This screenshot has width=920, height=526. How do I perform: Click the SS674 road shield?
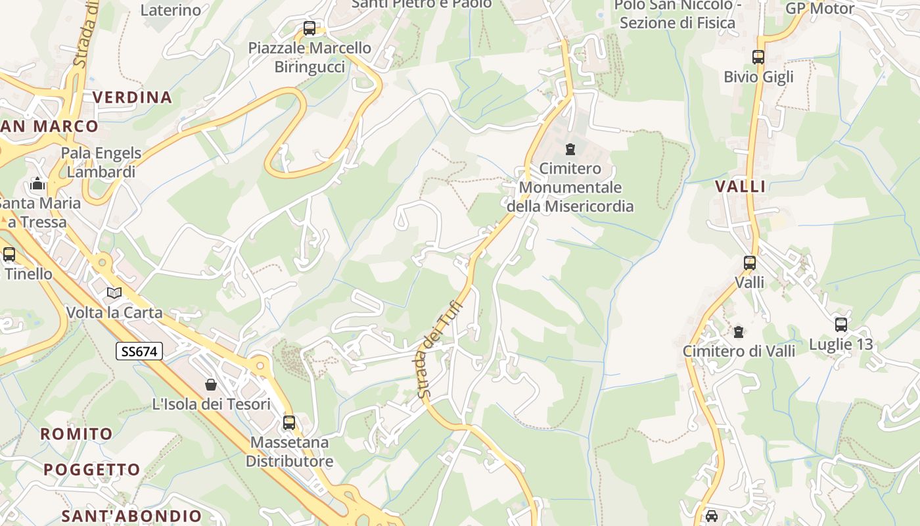[x=139, y=351]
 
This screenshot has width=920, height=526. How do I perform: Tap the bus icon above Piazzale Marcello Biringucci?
[x=309, y=28]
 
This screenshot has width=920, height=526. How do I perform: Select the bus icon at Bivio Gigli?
[x=758, y=57]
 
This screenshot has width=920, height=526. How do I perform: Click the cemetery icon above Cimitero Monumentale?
[x=570, y=149]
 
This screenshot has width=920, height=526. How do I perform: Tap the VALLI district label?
[x=741, y=187]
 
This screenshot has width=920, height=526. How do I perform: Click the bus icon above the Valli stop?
[x=749, y=263]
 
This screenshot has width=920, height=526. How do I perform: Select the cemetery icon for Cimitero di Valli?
[x=739, y=331]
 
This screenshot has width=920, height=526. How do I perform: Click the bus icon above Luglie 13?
[x=840, y=324]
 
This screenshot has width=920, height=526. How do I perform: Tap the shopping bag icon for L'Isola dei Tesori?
[x=211, y=385]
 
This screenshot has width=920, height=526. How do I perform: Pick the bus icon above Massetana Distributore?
[x=289, y=423]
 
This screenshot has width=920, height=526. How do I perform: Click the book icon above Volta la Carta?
[x=114, y=293]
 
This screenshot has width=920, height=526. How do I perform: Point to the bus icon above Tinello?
[x=9, y=254]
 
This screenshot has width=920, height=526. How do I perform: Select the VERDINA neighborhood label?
[x=132, y=97]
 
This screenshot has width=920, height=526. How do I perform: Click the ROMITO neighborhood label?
[x=77, y=434]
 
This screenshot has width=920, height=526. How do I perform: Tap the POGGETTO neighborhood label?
[x=92, y=469]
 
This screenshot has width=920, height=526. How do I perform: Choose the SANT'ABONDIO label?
[x=131, y=515]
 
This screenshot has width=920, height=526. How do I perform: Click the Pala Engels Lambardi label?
[x=101, y=162]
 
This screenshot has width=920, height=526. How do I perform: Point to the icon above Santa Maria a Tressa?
[x=37, y=183]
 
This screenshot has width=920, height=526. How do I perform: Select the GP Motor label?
[x=820, y=9]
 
